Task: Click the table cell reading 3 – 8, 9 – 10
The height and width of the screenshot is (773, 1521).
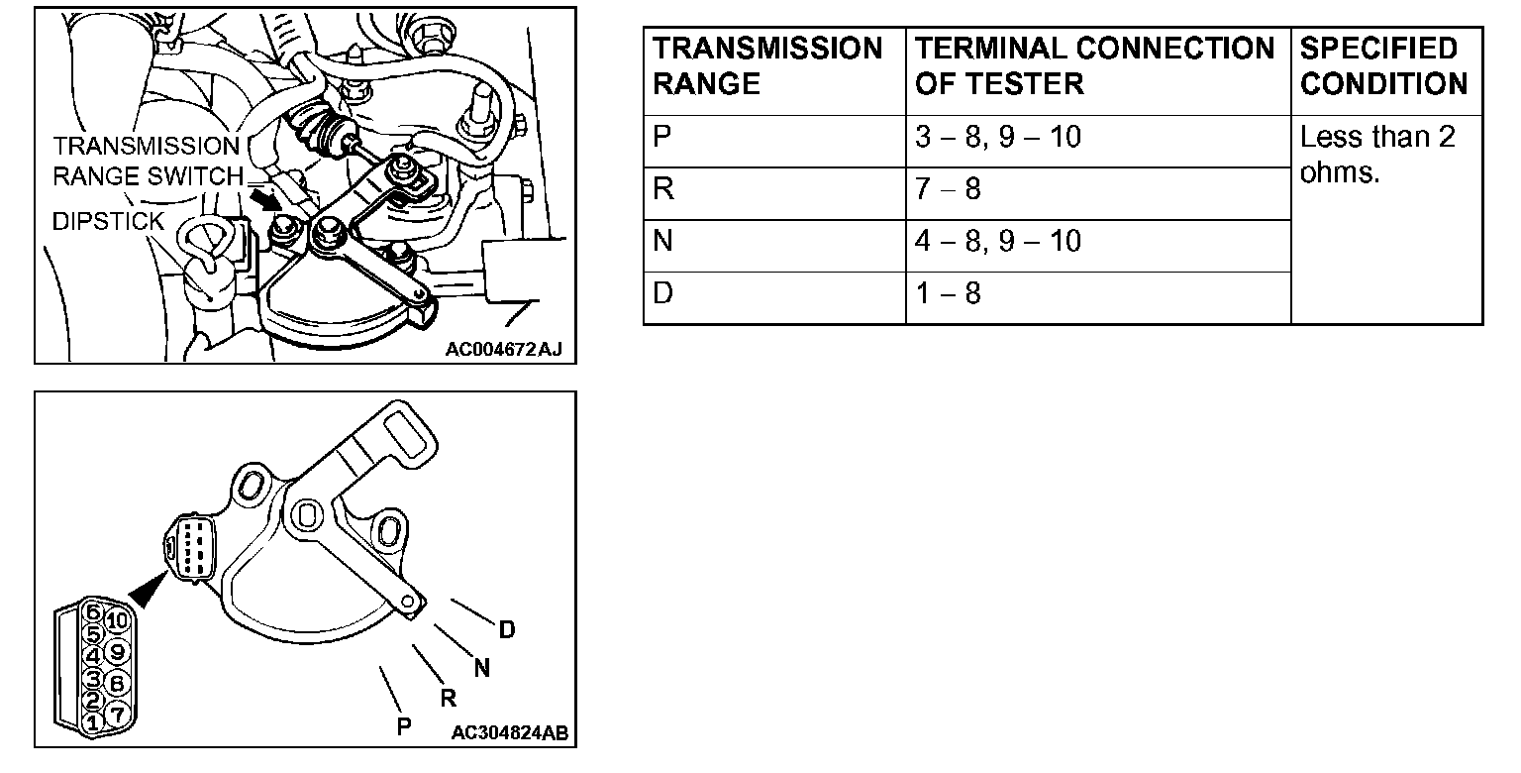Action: [x=997, y=137]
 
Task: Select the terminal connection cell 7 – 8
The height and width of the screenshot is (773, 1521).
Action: [x=948, y=188]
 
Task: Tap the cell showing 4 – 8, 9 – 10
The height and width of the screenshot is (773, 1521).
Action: [x=997, y=241]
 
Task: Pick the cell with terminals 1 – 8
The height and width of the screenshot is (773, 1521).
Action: [x=948, y=293]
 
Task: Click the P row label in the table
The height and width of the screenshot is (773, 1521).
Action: [x=663, y=137]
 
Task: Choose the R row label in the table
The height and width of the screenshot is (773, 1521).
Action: [x=663, y=188]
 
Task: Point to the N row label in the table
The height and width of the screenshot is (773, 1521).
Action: [x=663, y=241]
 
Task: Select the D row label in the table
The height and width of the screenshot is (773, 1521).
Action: [x=663, y=293]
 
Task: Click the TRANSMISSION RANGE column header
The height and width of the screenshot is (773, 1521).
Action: [x=767, y=65]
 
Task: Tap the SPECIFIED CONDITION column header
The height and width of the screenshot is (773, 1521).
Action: [x=1383, y=65]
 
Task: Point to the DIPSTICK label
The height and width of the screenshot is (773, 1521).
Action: [x=108, y=221]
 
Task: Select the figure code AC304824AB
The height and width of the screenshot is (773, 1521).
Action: [x=509, y=733]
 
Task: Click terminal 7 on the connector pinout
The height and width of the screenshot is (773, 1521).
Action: [x=116, y=713]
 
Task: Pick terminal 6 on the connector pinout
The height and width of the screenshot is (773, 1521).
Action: [x=93, y=611]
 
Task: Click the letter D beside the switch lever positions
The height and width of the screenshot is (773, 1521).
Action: [x=506, y=630]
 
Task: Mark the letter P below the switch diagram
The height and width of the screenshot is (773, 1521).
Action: [x=404, y=726]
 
